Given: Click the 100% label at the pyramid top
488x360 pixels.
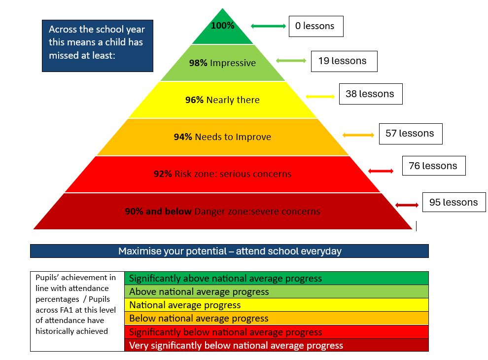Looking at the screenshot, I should (x=223, y=26).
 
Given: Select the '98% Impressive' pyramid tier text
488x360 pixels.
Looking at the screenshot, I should (x=223, y=63).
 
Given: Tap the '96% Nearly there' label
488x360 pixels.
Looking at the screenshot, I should (x=223, y=100).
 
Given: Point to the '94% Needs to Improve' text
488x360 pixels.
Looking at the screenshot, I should (x=223, y=137).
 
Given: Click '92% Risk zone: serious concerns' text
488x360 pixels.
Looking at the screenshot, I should (x=223, y=174).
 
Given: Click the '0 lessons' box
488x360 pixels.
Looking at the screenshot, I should (x=315, y=26).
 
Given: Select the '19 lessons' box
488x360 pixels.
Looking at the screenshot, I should (x=344, y=61).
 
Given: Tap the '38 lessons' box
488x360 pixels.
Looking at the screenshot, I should (x=370, y=94).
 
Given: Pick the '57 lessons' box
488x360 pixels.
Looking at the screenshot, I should (x=410, y=134).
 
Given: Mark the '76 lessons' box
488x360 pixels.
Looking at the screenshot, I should (x=433, y=166).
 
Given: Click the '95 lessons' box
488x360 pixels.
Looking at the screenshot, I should (x=453, y=202).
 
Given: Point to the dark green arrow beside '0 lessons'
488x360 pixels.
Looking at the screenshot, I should (x=269, y=26).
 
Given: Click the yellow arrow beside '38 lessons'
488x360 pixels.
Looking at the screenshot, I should (x=320, y=96).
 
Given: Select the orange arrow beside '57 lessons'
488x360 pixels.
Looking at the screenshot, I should (x=358, y=135).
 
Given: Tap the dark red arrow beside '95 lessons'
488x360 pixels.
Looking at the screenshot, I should (x=406, y=205).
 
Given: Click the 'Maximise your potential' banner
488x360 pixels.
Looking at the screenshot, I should (x=229, y=251).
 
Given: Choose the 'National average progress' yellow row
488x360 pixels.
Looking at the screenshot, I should (x=276, y=305).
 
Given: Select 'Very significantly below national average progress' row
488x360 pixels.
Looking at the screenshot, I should (x=276, y=345).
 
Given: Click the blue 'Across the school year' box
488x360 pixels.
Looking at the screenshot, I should (x=97, y=46).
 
